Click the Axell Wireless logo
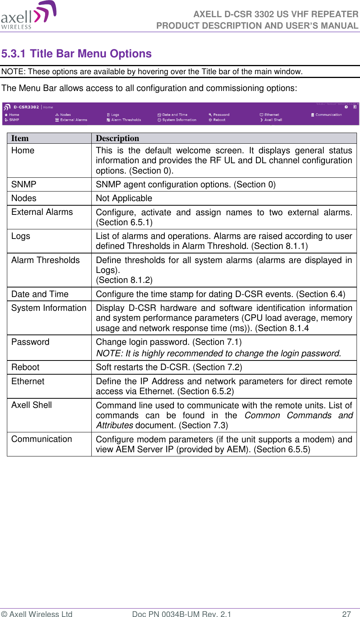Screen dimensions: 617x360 click(x=28, y=15)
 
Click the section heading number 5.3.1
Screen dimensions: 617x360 click(x=13, y=54)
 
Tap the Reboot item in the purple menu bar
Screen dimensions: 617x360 click(x=219, y=120)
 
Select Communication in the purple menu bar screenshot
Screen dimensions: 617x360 click(x=328, y=115)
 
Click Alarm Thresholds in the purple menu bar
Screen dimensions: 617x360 click(x=125, y=120)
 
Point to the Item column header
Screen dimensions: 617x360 click(x=20, y=138)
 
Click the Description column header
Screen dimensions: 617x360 click(x=117, y=138)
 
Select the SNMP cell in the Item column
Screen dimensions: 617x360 click(x=24, y=185)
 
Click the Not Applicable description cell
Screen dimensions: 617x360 click(x=124, y=198)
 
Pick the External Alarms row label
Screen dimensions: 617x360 click(x=42, y=212)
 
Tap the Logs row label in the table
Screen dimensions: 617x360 click(x=21, y=236)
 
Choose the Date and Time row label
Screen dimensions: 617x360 click(x=40, y=294)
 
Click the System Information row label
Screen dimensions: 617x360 click(x=49, y=308)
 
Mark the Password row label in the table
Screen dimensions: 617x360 click(x=30, y=342)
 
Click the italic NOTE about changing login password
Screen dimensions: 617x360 click(x=218, y=354)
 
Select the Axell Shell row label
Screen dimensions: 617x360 click(x=32, y=405)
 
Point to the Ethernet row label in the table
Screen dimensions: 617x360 click(x=28, y=382)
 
